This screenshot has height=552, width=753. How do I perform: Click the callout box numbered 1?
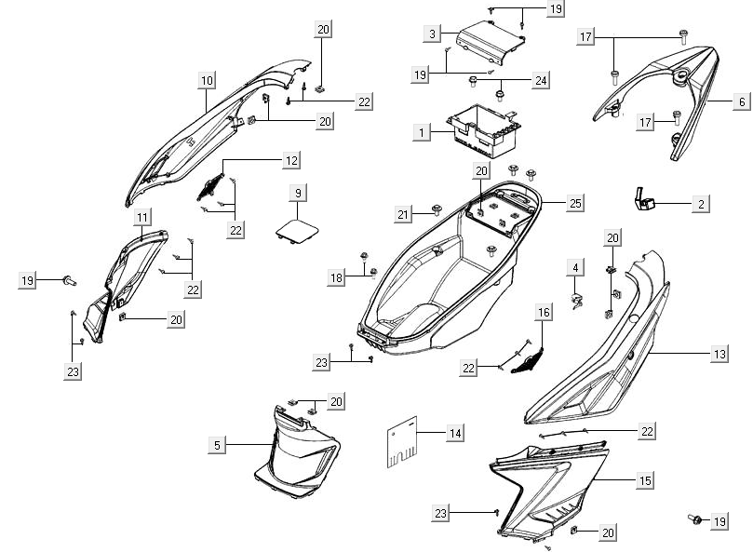(x=422, y=133)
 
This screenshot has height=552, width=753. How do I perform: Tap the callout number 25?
(x=575, y=202)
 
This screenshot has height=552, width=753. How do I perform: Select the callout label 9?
(x=298, y=193)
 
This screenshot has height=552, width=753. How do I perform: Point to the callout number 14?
(x=454, y=433)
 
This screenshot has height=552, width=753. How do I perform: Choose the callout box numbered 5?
(x=217, y=446)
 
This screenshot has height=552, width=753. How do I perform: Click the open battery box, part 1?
(x=484, y=130)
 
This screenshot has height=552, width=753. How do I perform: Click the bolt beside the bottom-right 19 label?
(x=693, y=518)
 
